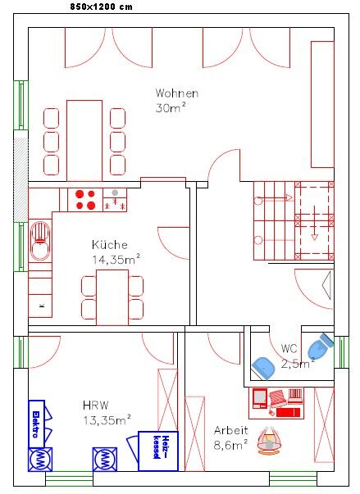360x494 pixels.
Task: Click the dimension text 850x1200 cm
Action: pyautogui.click(x=101, y=7)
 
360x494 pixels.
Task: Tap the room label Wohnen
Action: pyautogui.click(x=177, y=93)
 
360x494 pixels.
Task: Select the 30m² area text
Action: pyautogui.click(x=171, y=108)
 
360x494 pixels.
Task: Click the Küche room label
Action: pyautogui.click(x=110, y=244)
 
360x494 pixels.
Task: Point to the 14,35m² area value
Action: pyautogui.click(x=116, y=259)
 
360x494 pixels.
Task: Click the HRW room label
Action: pyautogui.click(x=96, y=406)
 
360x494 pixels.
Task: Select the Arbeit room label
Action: pyautogui.click(x=231, y=430)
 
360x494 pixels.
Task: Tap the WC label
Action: pyautogui.click(x=289, y=348)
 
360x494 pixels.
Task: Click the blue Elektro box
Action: pyautogui.click(x=37, y=424)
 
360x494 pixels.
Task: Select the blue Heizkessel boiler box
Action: pyautogui.click(x=158, y=451)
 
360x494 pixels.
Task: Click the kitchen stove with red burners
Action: pyautogui.click(x=85, y=200)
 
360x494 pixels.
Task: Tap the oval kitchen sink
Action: pyautogui.click(x=40, y=241)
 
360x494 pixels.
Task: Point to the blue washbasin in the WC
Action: pyautogui.click(x=263, y=369)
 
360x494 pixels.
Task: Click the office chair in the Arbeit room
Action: pyautogui.click(x=269, y=440)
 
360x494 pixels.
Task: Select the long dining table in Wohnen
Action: pyautogui.click(x=84, y=141)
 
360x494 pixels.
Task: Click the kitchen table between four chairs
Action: pyautogui.click(x=112, y=297)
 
